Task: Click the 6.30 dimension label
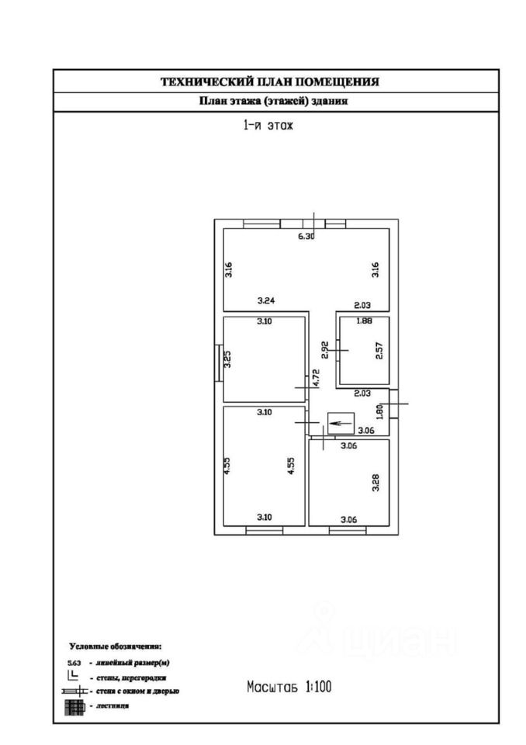[306, 237]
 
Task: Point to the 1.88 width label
[363, 321]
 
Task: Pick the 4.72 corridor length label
[316, 378]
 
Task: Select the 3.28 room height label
[375, 483]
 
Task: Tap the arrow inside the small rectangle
[339, 423]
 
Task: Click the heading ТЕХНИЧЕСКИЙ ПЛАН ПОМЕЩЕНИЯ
[269, 81]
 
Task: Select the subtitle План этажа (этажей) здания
[274, 102]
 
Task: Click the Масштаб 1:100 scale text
[290, 686]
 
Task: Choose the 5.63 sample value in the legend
[74, 663]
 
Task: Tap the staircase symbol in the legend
[74, 705]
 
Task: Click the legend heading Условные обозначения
[116, 646]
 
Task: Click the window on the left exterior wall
[218, 362]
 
